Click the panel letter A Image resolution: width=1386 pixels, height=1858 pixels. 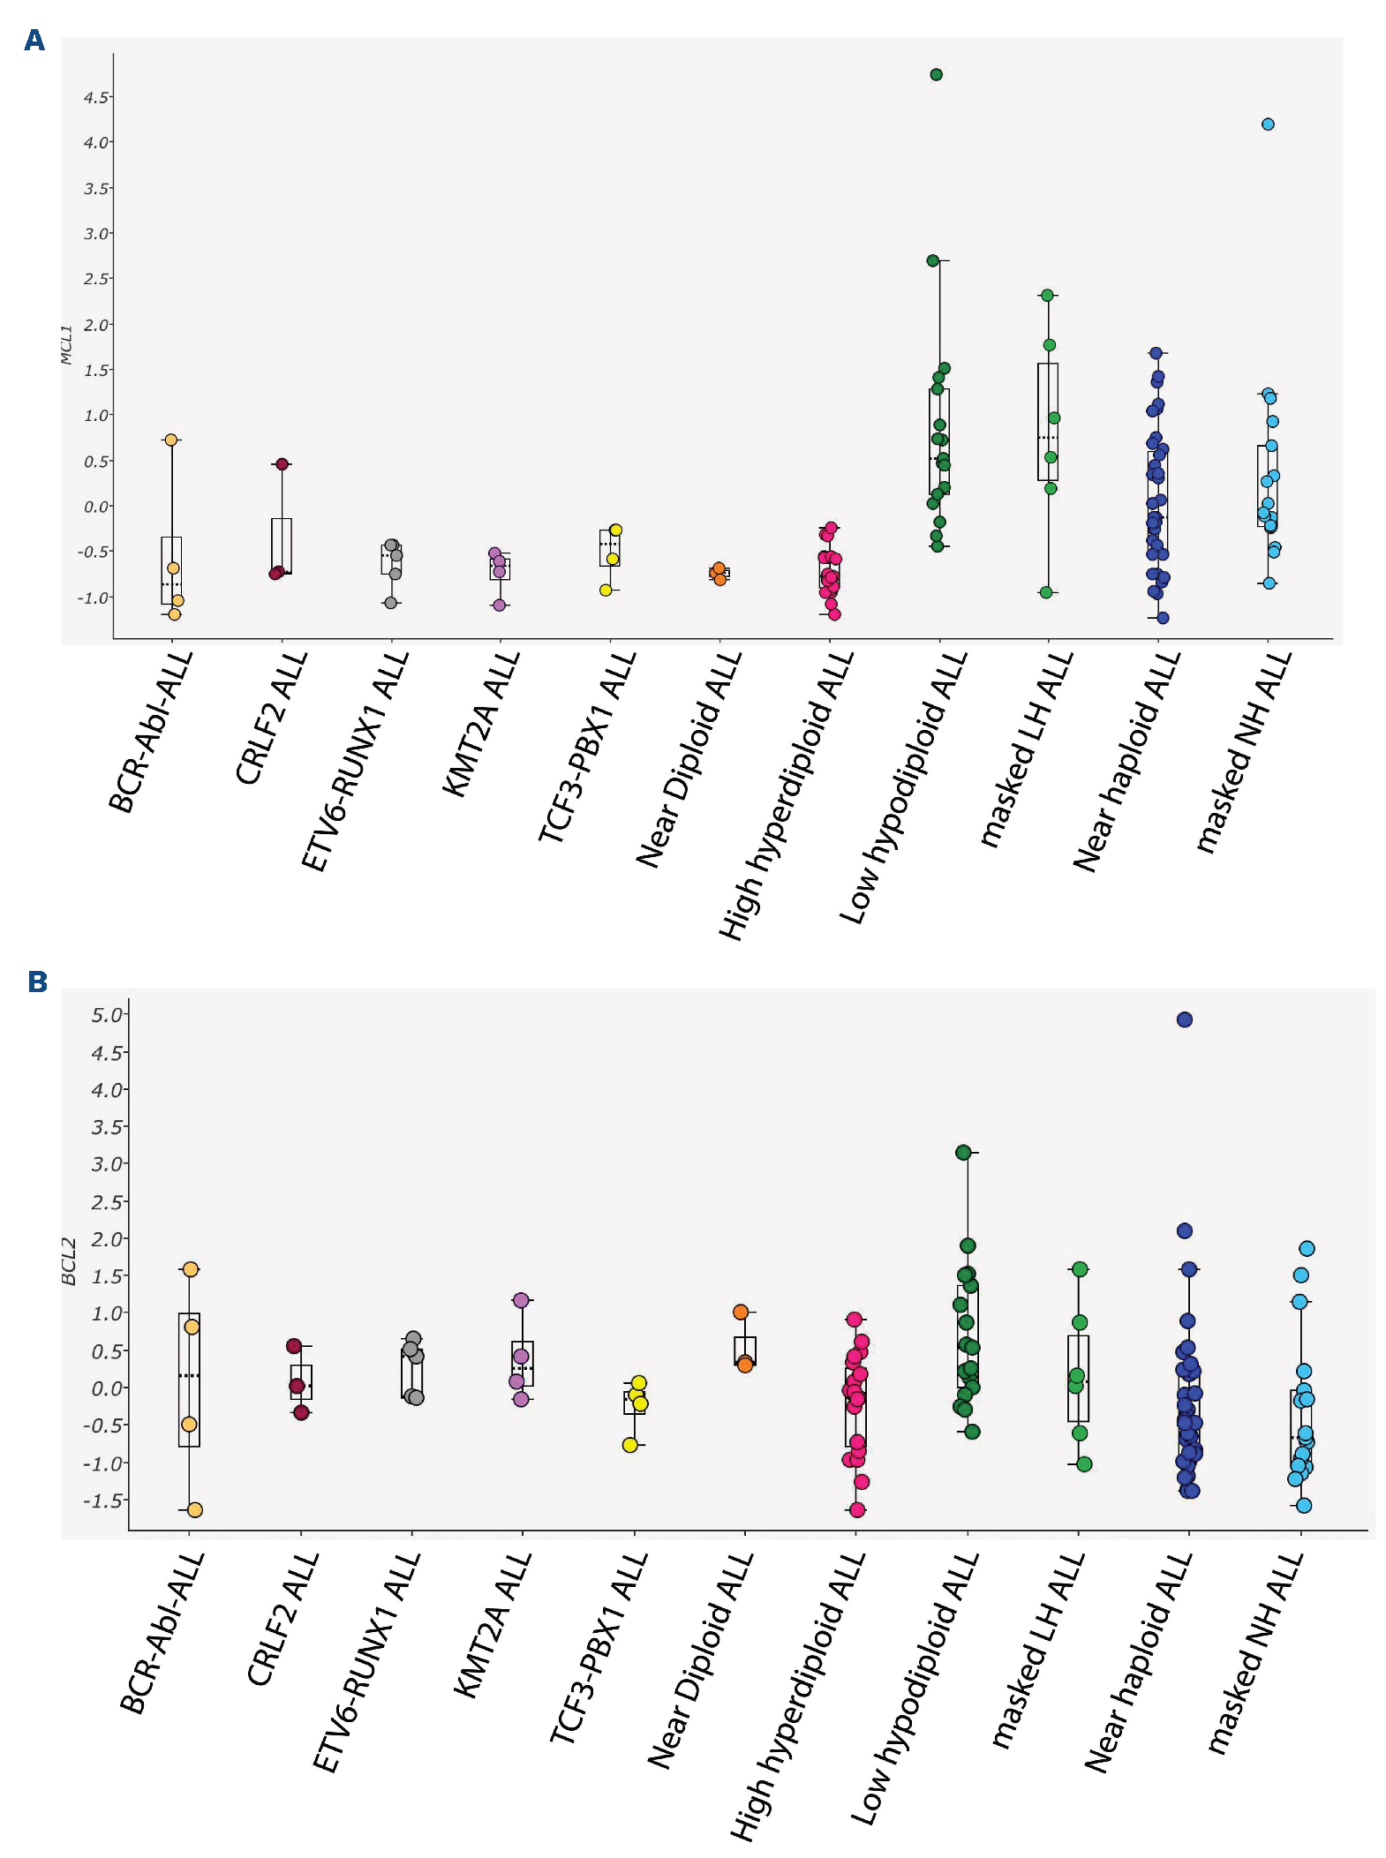point(34,41)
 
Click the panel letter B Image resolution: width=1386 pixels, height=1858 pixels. point(37,982)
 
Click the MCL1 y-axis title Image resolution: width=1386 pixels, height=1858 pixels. point(66,344)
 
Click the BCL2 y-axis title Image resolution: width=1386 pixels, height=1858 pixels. point(69,1261)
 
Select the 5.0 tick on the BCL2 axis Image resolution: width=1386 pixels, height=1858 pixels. point(106,1015)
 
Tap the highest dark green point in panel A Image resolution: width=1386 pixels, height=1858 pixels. point(937,74)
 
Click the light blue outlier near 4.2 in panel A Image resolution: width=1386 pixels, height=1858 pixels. point(1268,124)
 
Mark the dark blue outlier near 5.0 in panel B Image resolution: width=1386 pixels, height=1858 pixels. point(1185,1019)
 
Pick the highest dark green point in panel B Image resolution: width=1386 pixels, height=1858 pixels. point(963,1152)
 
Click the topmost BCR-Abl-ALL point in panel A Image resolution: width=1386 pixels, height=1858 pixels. point(171,440)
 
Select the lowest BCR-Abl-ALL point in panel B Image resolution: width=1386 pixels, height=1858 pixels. point(195,1510)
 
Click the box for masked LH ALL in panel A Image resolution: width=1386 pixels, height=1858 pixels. point(1048,422)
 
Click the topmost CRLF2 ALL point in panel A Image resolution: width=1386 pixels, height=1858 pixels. point(282,464)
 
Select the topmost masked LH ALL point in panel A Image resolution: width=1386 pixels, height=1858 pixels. point(1047,295)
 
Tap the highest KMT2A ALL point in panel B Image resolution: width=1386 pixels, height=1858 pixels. point(521,1300)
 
